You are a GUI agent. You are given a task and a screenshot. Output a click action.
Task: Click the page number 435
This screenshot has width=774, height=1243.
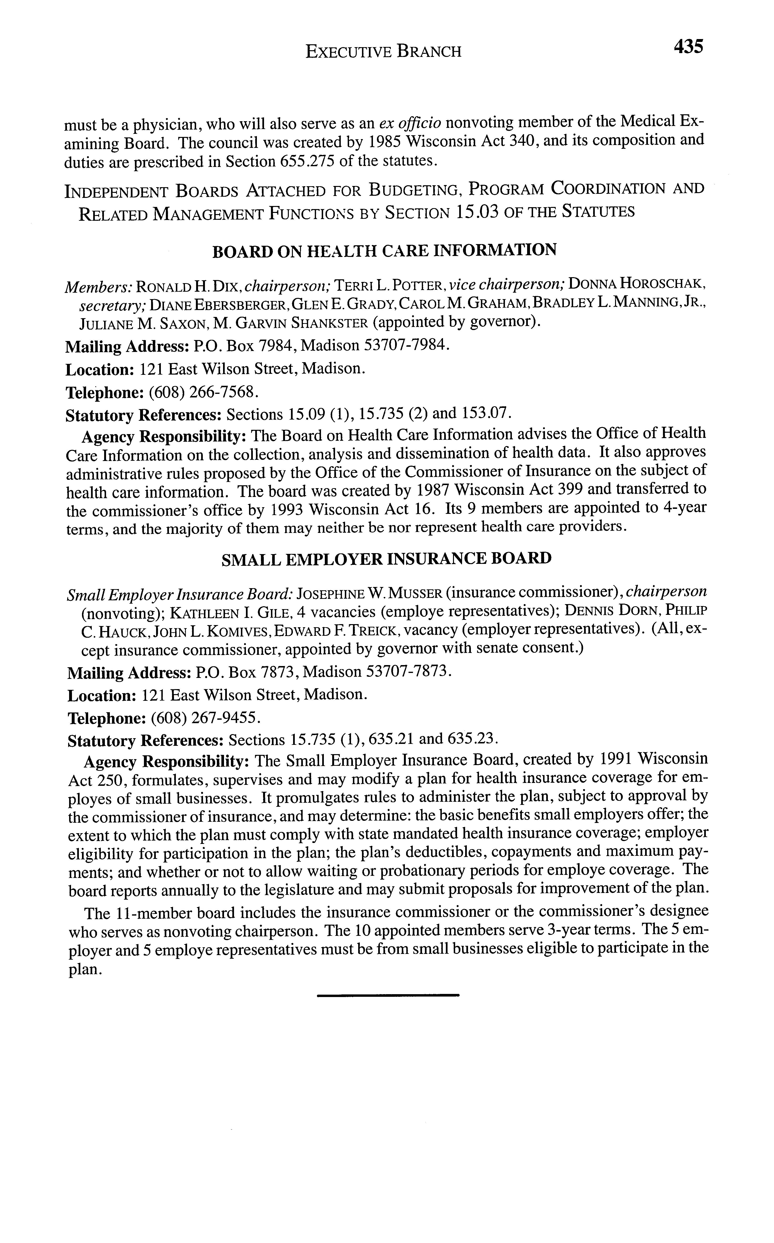click(x=688, y=47)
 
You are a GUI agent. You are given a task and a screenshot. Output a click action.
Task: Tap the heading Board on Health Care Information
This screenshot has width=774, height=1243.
click(x=384, y=251)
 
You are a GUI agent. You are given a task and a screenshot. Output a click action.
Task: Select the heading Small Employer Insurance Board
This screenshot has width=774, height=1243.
click(x=387, y=559)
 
